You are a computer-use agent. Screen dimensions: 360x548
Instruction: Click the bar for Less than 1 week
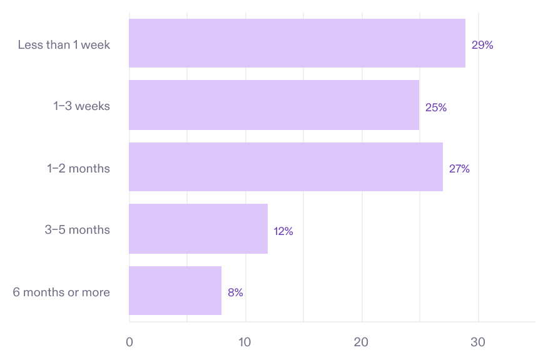point(297,43)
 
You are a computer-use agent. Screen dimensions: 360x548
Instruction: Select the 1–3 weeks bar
point(274,105)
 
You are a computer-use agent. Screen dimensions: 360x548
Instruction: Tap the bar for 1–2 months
point(286,167)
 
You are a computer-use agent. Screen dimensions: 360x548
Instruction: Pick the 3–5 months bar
point(198,229)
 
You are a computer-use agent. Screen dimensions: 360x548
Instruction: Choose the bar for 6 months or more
point(175,291)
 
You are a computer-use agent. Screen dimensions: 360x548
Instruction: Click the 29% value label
point(482,45)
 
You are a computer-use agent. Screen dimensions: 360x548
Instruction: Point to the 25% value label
point(436,107)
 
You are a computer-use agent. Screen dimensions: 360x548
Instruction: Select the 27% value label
point(459,169)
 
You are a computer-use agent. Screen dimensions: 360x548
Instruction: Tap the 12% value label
point(283,231)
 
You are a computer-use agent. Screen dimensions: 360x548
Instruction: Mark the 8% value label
point(235,292)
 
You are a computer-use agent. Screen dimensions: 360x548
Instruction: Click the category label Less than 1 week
point(64,44)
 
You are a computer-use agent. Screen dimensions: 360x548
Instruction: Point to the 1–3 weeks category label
point(81,106)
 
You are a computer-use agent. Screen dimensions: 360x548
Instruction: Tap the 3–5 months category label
point(77,230)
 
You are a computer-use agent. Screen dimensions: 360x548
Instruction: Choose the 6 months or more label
point(61,292)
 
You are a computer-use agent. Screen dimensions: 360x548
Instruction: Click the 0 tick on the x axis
point(129,342)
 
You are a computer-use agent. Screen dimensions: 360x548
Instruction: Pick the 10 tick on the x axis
point(245,342)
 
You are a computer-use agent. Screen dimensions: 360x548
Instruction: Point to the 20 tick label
point(362,342)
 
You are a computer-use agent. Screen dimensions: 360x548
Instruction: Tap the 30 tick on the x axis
point(478,342)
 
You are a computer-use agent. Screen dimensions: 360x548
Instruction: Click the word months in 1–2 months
point(91,168)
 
